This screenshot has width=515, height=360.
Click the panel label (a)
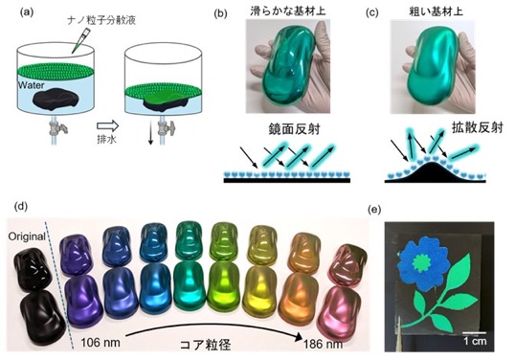27,12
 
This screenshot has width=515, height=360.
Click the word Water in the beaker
32,85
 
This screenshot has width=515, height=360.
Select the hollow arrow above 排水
108,125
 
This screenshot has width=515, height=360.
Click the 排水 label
107,139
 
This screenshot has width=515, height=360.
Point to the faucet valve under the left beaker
56,127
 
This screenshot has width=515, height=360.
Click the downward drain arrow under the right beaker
150,135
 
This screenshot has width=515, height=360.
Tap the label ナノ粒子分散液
101,20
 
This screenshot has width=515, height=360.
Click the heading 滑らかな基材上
288,11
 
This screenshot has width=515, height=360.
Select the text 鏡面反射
294,129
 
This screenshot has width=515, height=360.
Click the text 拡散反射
478,127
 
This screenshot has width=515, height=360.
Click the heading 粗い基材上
436,11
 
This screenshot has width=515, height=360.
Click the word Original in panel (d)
27,236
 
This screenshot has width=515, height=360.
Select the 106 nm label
101,343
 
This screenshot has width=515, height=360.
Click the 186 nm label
323,344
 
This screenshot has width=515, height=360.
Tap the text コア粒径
205,345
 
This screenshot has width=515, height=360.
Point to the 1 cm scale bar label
475,341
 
